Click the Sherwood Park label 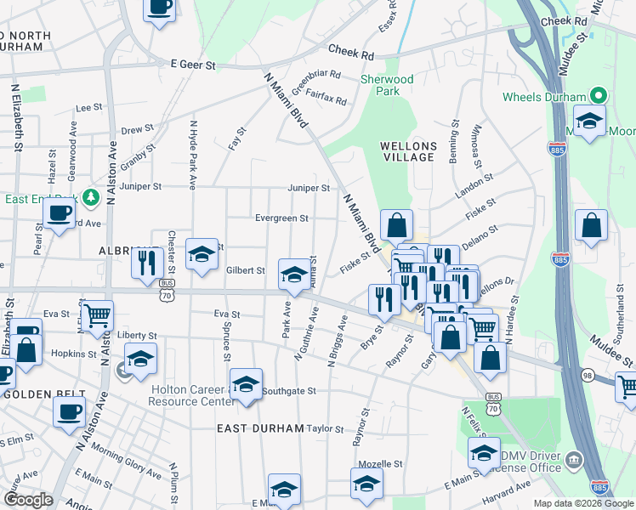387,85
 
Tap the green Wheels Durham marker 598,96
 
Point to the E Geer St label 194,64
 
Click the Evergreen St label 281,218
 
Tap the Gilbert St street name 246,270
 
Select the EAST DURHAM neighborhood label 259,428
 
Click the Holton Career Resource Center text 191,395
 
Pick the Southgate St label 289,392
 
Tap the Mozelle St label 379,465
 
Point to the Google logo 27,499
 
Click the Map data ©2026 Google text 583,503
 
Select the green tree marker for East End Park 91,199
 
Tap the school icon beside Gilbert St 294,274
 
